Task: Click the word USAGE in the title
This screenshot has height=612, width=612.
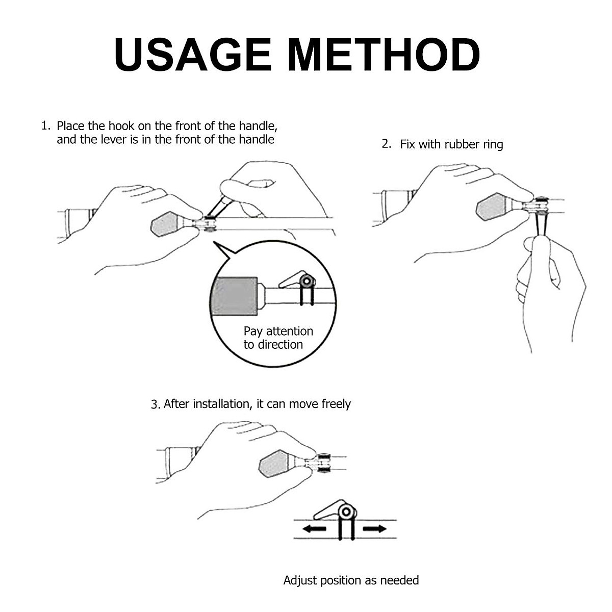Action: [193, 54]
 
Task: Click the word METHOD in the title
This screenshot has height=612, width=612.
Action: [384, 54]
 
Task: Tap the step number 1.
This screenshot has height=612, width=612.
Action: [45, 125]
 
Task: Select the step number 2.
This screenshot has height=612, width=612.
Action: [386, 144]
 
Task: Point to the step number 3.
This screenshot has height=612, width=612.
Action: [156, 404]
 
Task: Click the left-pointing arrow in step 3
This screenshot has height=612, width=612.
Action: [314, 528]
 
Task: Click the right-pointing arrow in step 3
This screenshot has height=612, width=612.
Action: [375, 528]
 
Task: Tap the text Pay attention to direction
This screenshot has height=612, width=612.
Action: [278, 338]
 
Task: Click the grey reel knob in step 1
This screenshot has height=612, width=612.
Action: [166, 225]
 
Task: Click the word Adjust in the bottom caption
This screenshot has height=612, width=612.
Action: [300, 580]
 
